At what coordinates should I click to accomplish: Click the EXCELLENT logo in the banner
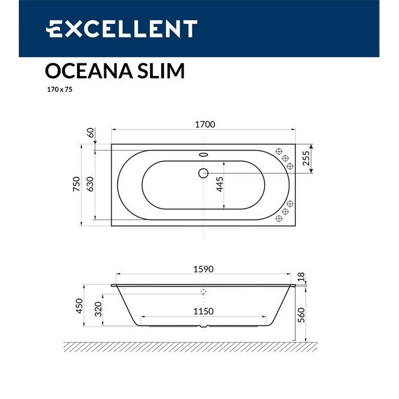tap(121, 28)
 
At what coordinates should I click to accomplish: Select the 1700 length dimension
tap(203, 125)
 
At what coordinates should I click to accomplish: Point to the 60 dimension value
tap(89, 133)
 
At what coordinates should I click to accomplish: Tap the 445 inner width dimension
tap(220, 184)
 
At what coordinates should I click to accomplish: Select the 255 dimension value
tap(306, 158)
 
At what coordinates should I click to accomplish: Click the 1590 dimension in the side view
tap(203, 270)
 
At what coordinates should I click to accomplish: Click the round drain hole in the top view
tap(203, 173)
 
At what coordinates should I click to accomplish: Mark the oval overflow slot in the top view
tap(203, 153)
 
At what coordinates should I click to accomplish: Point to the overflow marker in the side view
tap(203, 291)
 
